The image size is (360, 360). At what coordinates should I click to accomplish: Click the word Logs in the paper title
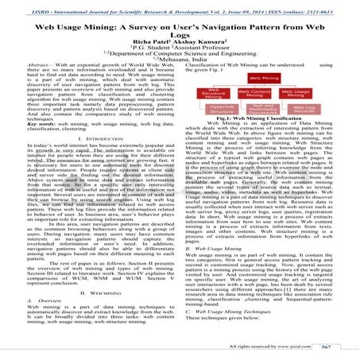(x=179, y=29)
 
